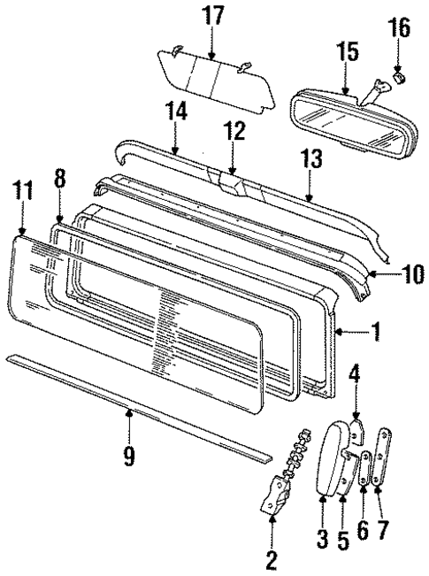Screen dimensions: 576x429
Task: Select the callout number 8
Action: coord(59,178)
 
